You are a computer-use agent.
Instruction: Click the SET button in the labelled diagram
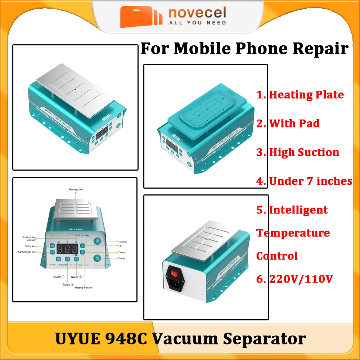click(x=52, y=245)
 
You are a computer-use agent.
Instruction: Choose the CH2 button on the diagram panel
click(x=67, y=259)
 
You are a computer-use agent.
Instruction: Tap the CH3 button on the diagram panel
click(x=76, y=259)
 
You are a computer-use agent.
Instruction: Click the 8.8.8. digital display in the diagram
click(x=67, y=248)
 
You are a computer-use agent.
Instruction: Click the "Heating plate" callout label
click(x=76, y=189)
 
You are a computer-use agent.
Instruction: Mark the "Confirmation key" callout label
click(x=27, y=252)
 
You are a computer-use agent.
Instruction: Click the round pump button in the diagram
click(x=96, y=258)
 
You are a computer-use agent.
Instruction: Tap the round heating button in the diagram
click(x=96, y=242)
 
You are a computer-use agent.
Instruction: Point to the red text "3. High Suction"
click(x=298, y=152)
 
